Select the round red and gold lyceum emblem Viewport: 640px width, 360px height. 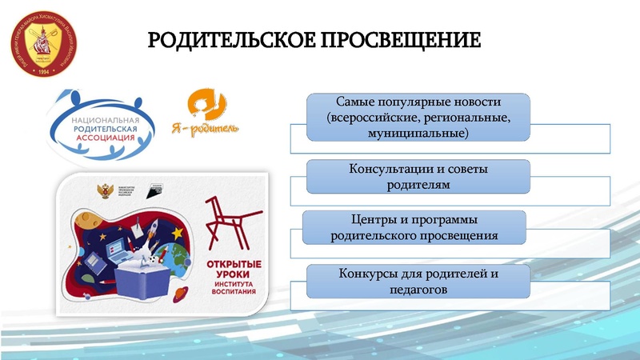click(46, 46)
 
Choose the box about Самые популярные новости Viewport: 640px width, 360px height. click(418, 117)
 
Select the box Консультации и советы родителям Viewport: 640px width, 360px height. click(418, 177)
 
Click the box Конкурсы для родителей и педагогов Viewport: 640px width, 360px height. click(418, 282)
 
